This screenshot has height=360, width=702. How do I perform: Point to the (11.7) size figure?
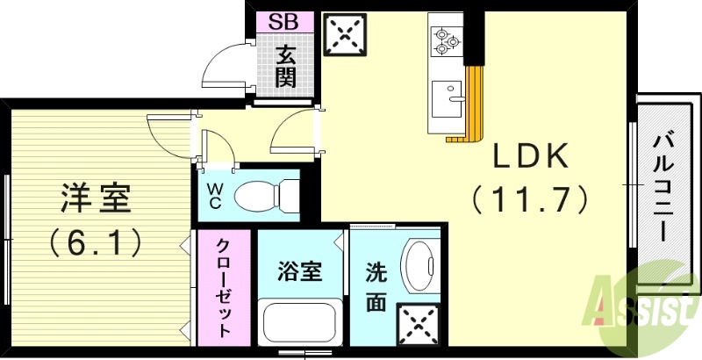530,200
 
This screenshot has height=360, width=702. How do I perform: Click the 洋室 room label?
97,198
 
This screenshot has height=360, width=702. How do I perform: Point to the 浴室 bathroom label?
299,270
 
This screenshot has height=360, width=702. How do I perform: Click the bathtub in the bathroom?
300,323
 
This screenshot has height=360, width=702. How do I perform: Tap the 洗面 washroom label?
375,288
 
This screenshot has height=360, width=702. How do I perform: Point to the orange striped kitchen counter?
474,101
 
